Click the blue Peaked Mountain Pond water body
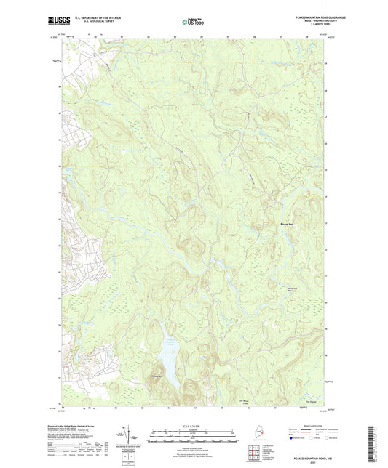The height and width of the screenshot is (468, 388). click(165, 359)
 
